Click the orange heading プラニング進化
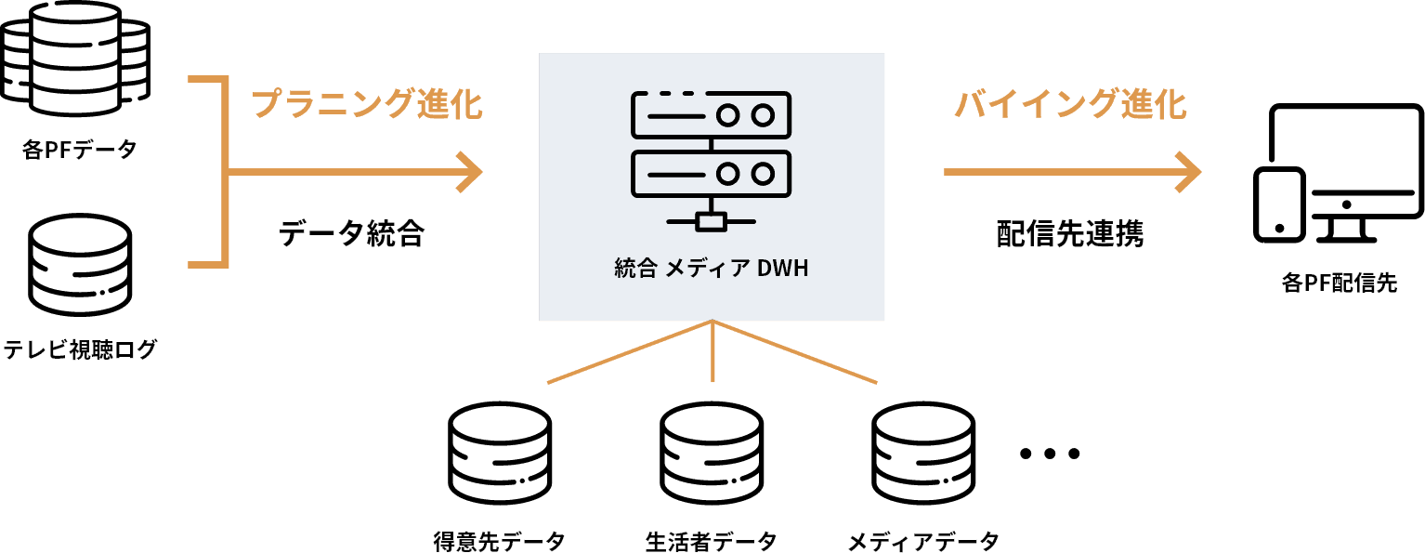(x=368, y=104)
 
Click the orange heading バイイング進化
(x=1071, y=104)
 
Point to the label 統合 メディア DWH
(x=712, y=270)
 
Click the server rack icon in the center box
(x=711, y=158)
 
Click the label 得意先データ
(x=500, y=540)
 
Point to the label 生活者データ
(x=712, y=540)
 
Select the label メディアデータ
(x=923, y=540)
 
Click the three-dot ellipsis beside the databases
(x=1050, y=454)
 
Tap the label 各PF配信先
(x=1339, y=284)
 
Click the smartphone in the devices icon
(x=1278, y=204)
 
